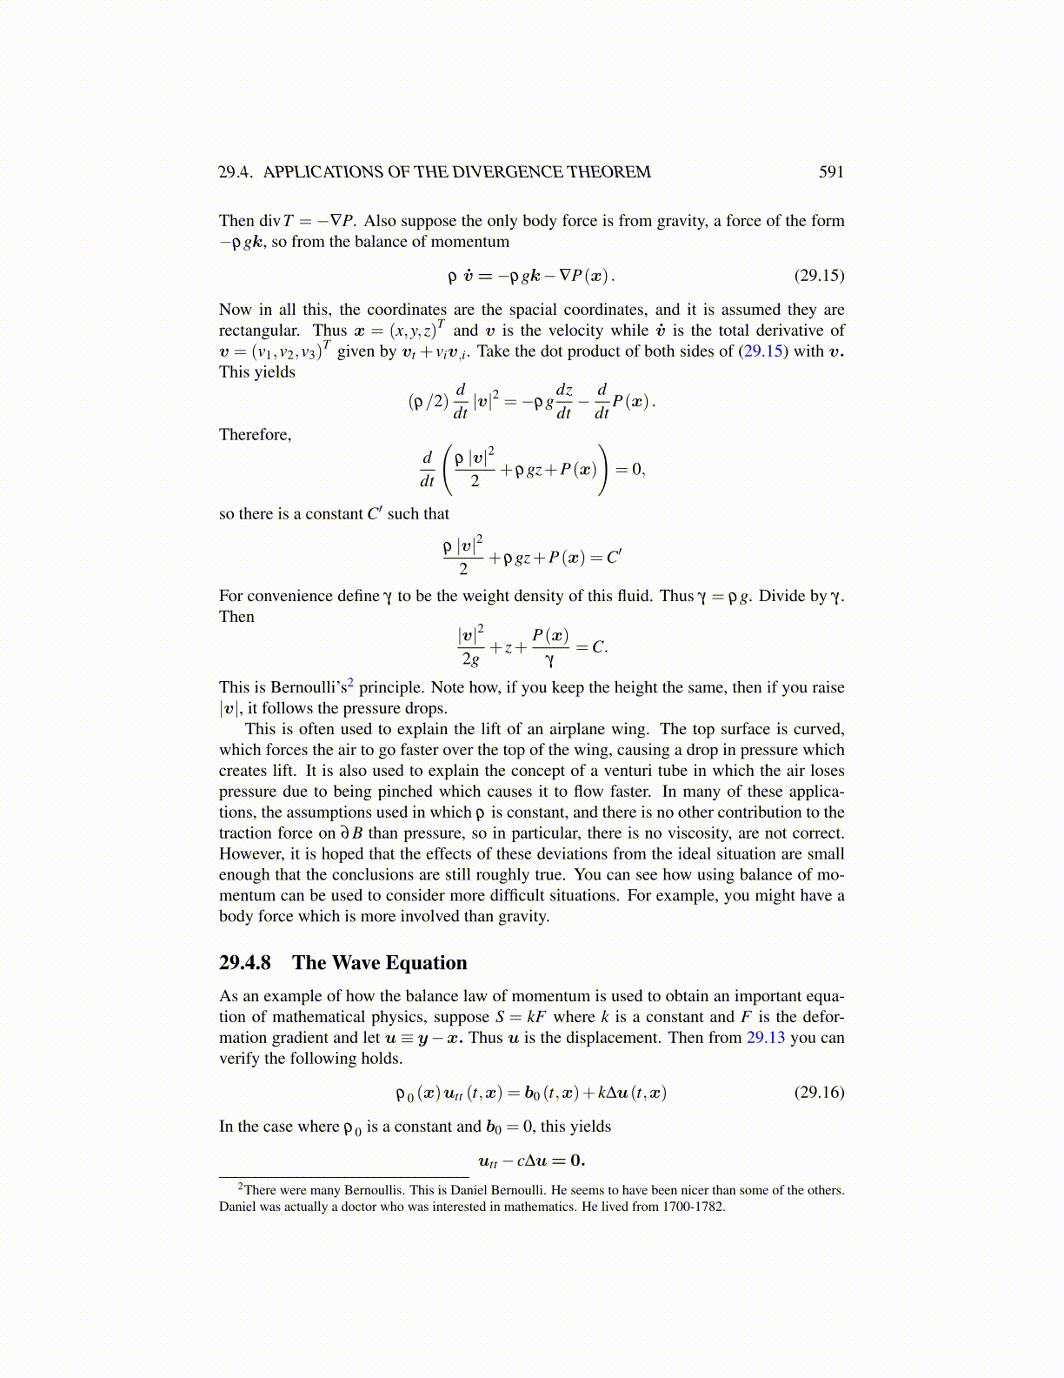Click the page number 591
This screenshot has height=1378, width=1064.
tap(831, 172)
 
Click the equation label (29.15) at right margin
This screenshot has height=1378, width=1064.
tap(819, 276)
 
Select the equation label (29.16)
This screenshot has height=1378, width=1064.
tap(819, 1093)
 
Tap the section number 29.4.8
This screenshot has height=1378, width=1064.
tap(245, 963)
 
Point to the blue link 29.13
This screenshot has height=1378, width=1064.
tap(766, 1038)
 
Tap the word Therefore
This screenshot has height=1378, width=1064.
tap(255, 435)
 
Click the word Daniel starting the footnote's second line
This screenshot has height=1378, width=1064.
tap(238, 1207)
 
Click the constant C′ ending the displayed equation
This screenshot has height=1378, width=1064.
tap(614, 558)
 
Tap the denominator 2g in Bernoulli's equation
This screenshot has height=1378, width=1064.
tap(470, 659)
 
